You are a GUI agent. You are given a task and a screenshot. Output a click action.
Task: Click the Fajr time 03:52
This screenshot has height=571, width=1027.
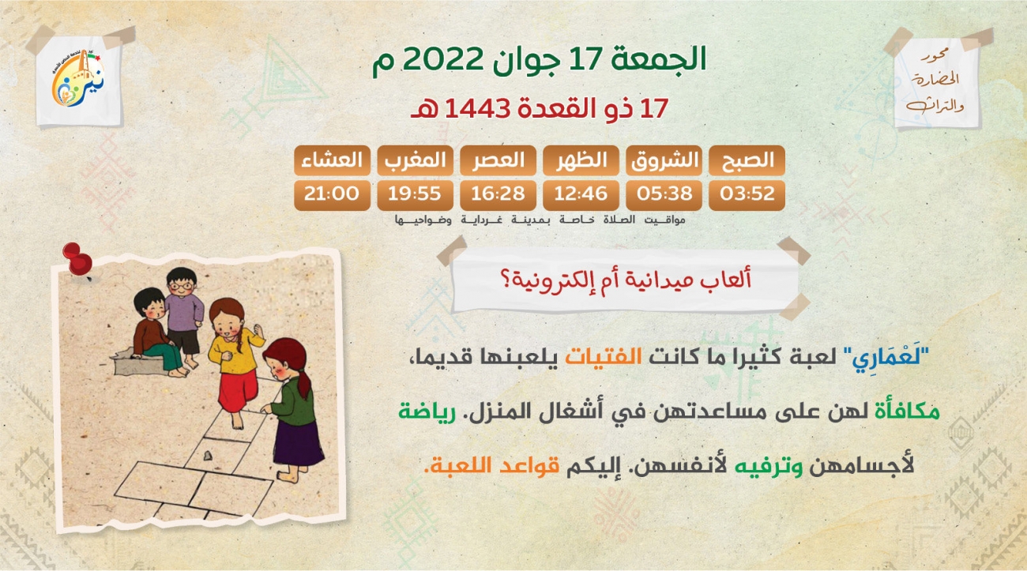pyautogui.click(x=747, y=195)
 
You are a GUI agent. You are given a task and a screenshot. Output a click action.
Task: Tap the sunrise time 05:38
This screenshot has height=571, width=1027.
pyautogui.click(x=664, y=195)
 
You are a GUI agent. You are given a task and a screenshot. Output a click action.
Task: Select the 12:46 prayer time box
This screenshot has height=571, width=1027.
pyautogui.click(x=581, y=195)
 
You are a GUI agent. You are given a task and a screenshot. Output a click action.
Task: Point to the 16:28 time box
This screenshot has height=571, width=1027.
pyautogui.click(x=498, y=195)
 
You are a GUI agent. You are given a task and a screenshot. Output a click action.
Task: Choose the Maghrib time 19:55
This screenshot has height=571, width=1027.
pyautogui.click(x=415, y=195)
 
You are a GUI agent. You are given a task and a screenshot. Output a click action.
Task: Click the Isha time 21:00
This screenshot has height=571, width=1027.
pyautogui.click(x=332, y=195)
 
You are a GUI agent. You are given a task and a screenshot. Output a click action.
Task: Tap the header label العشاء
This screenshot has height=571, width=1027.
pyautogui.click(x=332, y=160)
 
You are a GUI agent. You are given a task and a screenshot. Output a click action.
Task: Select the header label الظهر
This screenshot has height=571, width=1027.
pyautogui.click(x=581, y=160)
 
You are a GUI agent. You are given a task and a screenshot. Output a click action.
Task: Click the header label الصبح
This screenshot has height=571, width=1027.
pyautogui.click(x=747, y=160)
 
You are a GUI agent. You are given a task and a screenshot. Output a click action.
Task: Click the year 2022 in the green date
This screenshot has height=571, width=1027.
pyautogui.click(x=443, y=59)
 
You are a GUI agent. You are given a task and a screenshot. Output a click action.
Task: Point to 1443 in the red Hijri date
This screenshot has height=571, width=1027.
pyautogui.click(x=477, y=109)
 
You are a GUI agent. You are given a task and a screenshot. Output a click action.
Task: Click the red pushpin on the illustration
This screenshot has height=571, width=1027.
pyautogui.click(x=78, y=260)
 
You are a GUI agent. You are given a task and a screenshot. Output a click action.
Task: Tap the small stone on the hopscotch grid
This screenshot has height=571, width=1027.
pyautogui.click(x=208, y=456)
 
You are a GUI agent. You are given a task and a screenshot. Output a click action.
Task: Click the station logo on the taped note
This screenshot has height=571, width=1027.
pyautogui.click(x=78, y=78)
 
